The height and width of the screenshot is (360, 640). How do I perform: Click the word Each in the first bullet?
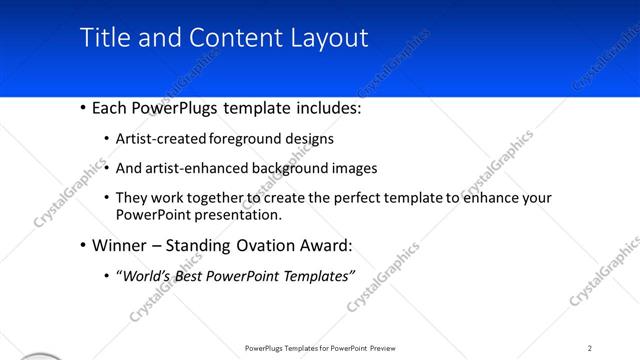tap(111, 108)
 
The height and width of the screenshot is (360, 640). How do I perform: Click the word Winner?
tap(119, 245)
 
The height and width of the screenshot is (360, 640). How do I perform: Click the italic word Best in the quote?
tap(195, 276)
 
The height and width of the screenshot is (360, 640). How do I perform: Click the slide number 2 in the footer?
tap(590, 347)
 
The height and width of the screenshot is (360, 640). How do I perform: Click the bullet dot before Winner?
tap(81, 246)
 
